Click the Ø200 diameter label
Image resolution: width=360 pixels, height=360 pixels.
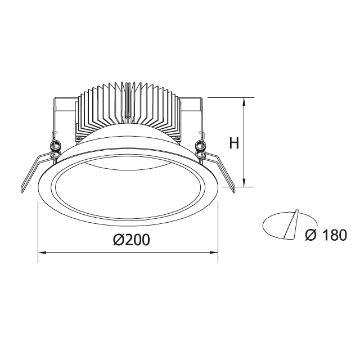pos(132,240)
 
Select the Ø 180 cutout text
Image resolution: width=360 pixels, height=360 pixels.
pos(326,235)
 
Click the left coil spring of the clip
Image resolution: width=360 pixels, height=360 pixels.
pos(56,146)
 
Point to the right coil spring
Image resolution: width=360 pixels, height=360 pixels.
pos(200,146)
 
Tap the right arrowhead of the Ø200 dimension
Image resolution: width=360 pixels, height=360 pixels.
pos(213,253)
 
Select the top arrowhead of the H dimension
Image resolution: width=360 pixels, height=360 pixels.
pos(244,102)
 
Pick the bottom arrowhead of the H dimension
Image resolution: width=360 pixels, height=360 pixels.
pos(244,182)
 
